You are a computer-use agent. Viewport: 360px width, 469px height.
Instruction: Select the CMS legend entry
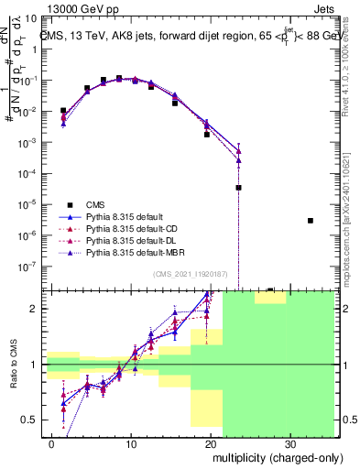(x=94, y=203)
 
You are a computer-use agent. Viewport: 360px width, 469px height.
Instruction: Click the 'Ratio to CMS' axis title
(x=12, y=365)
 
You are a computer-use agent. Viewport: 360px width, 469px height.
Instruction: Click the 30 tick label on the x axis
(x=289, y=443)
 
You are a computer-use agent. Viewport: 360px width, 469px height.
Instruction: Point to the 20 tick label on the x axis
(x=211, y=443)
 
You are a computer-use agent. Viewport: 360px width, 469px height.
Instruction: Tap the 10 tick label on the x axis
(x=131, y=443)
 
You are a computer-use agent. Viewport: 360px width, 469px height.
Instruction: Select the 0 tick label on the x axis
(x=53, y=443)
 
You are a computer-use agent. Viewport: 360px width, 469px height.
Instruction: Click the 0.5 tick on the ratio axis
(x=32, y=420)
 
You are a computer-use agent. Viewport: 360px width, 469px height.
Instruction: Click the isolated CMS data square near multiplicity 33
(x=311, y=221)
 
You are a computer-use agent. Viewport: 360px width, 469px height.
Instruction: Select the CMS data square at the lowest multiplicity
(x=62, y=110)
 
